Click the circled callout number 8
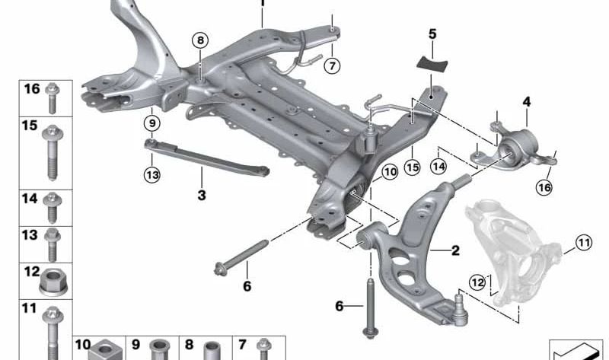200,40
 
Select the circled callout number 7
332,65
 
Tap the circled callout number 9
151,123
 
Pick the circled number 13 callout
152,175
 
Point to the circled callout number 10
390,172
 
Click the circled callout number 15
412,167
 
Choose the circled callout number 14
438,167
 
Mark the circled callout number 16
544,187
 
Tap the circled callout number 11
583,243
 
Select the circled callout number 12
477,282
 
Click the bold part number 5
432,34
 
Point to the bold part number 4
526,102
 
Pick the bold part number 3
202,195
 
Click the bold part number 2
455,250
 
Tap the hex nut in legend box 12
53,280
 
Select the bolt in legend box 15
52,152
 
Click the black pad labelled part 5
432,64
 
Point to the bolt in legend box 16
52,98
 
